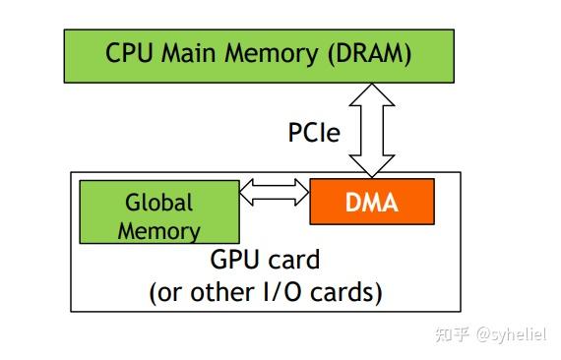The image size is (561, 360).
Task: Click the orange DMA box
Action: (x=371, y=203)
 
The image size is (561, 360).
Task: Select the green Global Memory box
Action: (x=158, y=212)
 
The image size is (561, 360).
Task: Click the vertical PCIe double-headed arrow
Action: (x=371, y=130)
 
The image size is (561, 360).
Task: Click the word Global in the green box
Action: (x=158, y=203)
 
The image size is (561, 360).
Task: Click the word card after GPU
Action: (x=294, y=261)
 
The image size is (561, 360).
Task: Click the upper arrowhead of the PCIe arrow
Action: (x=371, y=92)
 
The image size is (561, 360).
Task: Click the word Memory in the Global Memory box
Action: (x=158, y=231)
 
